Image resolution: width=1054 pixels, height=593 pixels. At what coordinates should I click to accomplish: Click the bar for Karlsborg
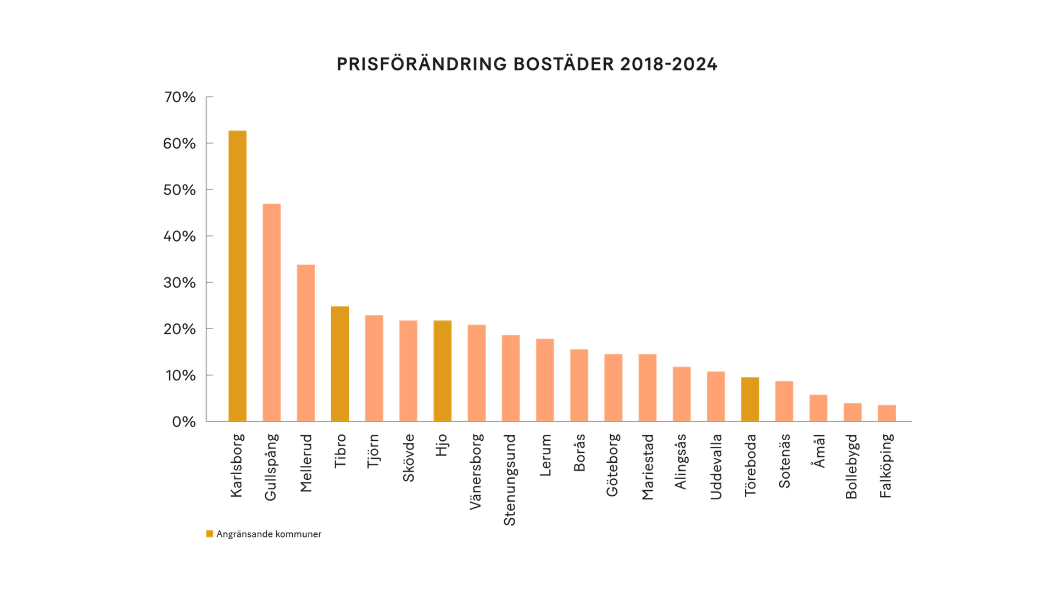tap(237, 276)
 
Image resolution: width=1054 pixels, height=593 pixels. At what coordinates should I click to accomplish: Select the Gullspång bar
tap(271, 312)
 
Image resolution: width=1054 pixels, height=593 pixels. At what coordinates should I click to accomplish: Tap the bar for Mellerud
tap(306, 343)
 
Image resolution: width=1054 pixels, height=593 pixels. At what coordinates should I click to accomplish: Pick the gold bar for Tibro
tap(340, 363)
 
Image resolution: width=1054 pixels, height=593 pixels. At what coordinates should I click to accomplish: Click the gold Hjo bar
tap(443, 370)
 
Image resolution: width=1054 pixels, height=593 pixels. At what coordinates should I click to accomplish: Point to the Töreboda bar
tap(750, 399)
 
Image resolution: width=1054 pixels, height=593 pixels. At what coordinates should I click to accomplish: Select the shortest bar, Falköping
tap(886, 413)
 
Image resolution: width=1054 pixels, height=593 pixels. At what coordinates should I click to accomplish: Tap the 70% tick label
tap(180, 97)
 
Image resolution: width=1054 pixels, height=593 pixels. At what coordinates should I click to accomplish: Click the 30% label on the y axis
tap(180, 282)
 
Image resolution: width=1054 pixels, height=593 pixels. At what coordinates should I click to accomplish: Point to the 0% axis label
tap(183, 422)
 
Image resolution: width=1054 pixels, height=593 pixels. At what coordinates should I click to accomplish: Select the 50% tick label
tap(180, 190)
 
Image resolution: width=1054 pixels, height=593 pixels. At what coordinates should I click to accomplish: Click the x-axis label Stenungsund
tap(510, 479)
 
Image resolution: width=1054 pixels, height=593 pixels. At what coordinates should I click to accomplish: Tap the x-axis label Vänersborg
tap(476, 471)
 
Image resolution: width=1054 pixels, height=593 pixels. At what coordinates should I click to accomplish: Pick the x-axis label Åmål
tap(818, 451)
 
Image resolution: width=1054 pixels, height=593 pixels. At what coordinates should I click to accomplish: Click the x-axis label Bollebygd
tap(852, 466)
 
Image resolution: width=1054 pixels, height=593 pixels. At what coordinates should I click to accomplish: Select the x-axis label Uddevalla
tap(716, 467)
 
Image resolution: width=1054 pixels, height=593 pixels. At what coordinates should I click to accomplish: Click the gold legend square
tap(210, 534)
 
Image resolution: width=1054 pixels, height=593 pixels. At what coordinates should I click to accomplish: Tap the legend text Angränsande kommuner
tap(269, 534)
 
